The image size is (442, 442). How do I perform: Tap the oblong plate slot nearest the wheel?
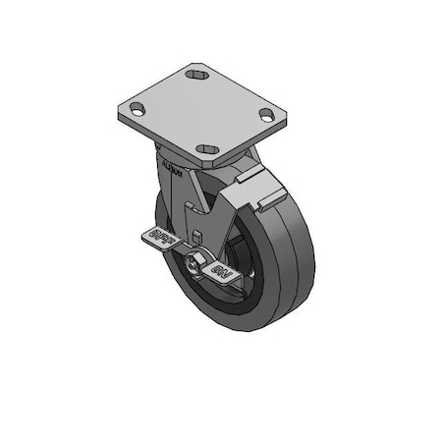tap(207, 149)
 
